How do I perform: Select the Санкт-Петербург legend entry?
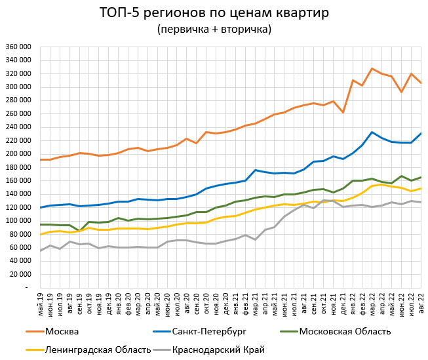[196, 330]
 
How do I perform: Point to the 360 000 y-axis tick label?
[18, 47]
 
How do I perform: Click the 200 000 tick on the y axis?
[18, 154]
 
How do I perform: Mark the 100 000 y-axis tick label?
[18, 221]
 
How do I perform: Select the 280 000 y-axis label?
[18, 100]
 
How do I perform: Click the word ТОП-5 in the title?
[118, 12]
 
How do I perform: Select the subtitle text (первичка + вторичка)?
[214, 29]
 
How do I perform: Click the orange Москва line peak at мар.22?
[372, 68]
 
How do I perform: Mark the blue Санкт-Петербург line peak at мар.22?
[372, 132]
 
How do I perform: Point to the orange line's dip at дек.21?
[343, 112]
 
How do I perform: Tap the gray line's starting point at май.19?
[41, 250]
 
